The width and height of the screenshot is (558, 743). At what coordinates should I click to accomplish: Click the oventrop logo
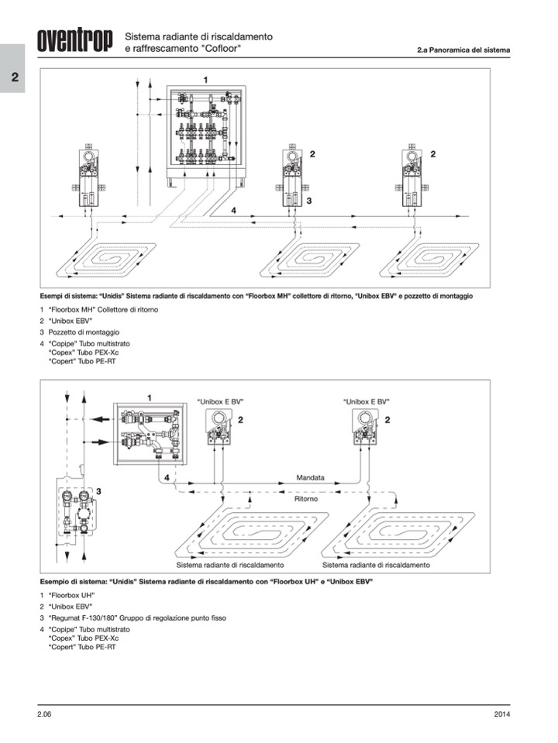(75, 40)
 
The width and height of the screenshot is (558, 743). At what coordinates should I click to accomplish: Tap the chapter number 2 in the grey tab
(15, 77)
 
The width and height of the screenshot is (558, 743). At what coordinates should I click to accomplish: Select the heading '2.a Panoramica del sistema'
(463, 50)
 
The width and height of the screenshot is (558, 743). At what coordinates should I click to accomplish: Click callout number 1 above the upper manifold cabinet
(205, 80)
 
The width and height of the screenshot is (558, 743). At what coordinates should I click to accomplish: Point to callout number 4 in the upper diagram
(234, 210)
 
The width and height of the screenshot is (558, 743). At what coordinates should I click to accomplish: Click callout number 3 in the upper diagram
(308, 201)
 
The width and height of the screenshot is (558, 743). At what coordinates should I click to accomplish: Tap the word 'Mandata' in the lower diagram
(311, 477)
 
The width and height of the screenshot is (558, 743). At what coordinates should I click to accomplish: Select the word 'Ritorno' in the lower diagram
(306, 499)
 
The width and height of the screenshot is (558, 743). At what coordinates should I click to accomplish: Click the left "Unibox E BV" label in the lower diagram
(220, 402)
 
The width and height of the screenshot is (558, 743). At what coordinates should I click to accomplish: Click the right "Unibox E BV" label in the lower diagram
(366, 402)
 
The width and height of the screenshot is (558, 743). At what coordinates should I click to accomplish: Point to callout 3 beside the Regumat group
(98, 491)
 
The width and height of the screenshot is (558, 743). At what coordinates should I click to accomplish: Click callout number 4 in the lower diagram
(167, 477)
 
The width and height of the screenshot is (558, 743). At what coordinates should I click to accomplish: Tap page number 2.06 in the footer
(45, 714)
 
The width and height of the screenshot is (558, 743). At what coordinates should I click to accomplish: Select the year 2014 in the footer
(501, 714)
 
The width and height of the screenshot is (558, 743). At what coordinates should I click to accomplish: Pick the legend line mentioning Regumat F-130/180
(133, 618)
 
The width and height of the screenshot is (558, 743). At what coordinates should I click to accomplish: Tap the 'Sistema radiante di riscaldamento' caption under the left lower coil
(230, 565)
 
